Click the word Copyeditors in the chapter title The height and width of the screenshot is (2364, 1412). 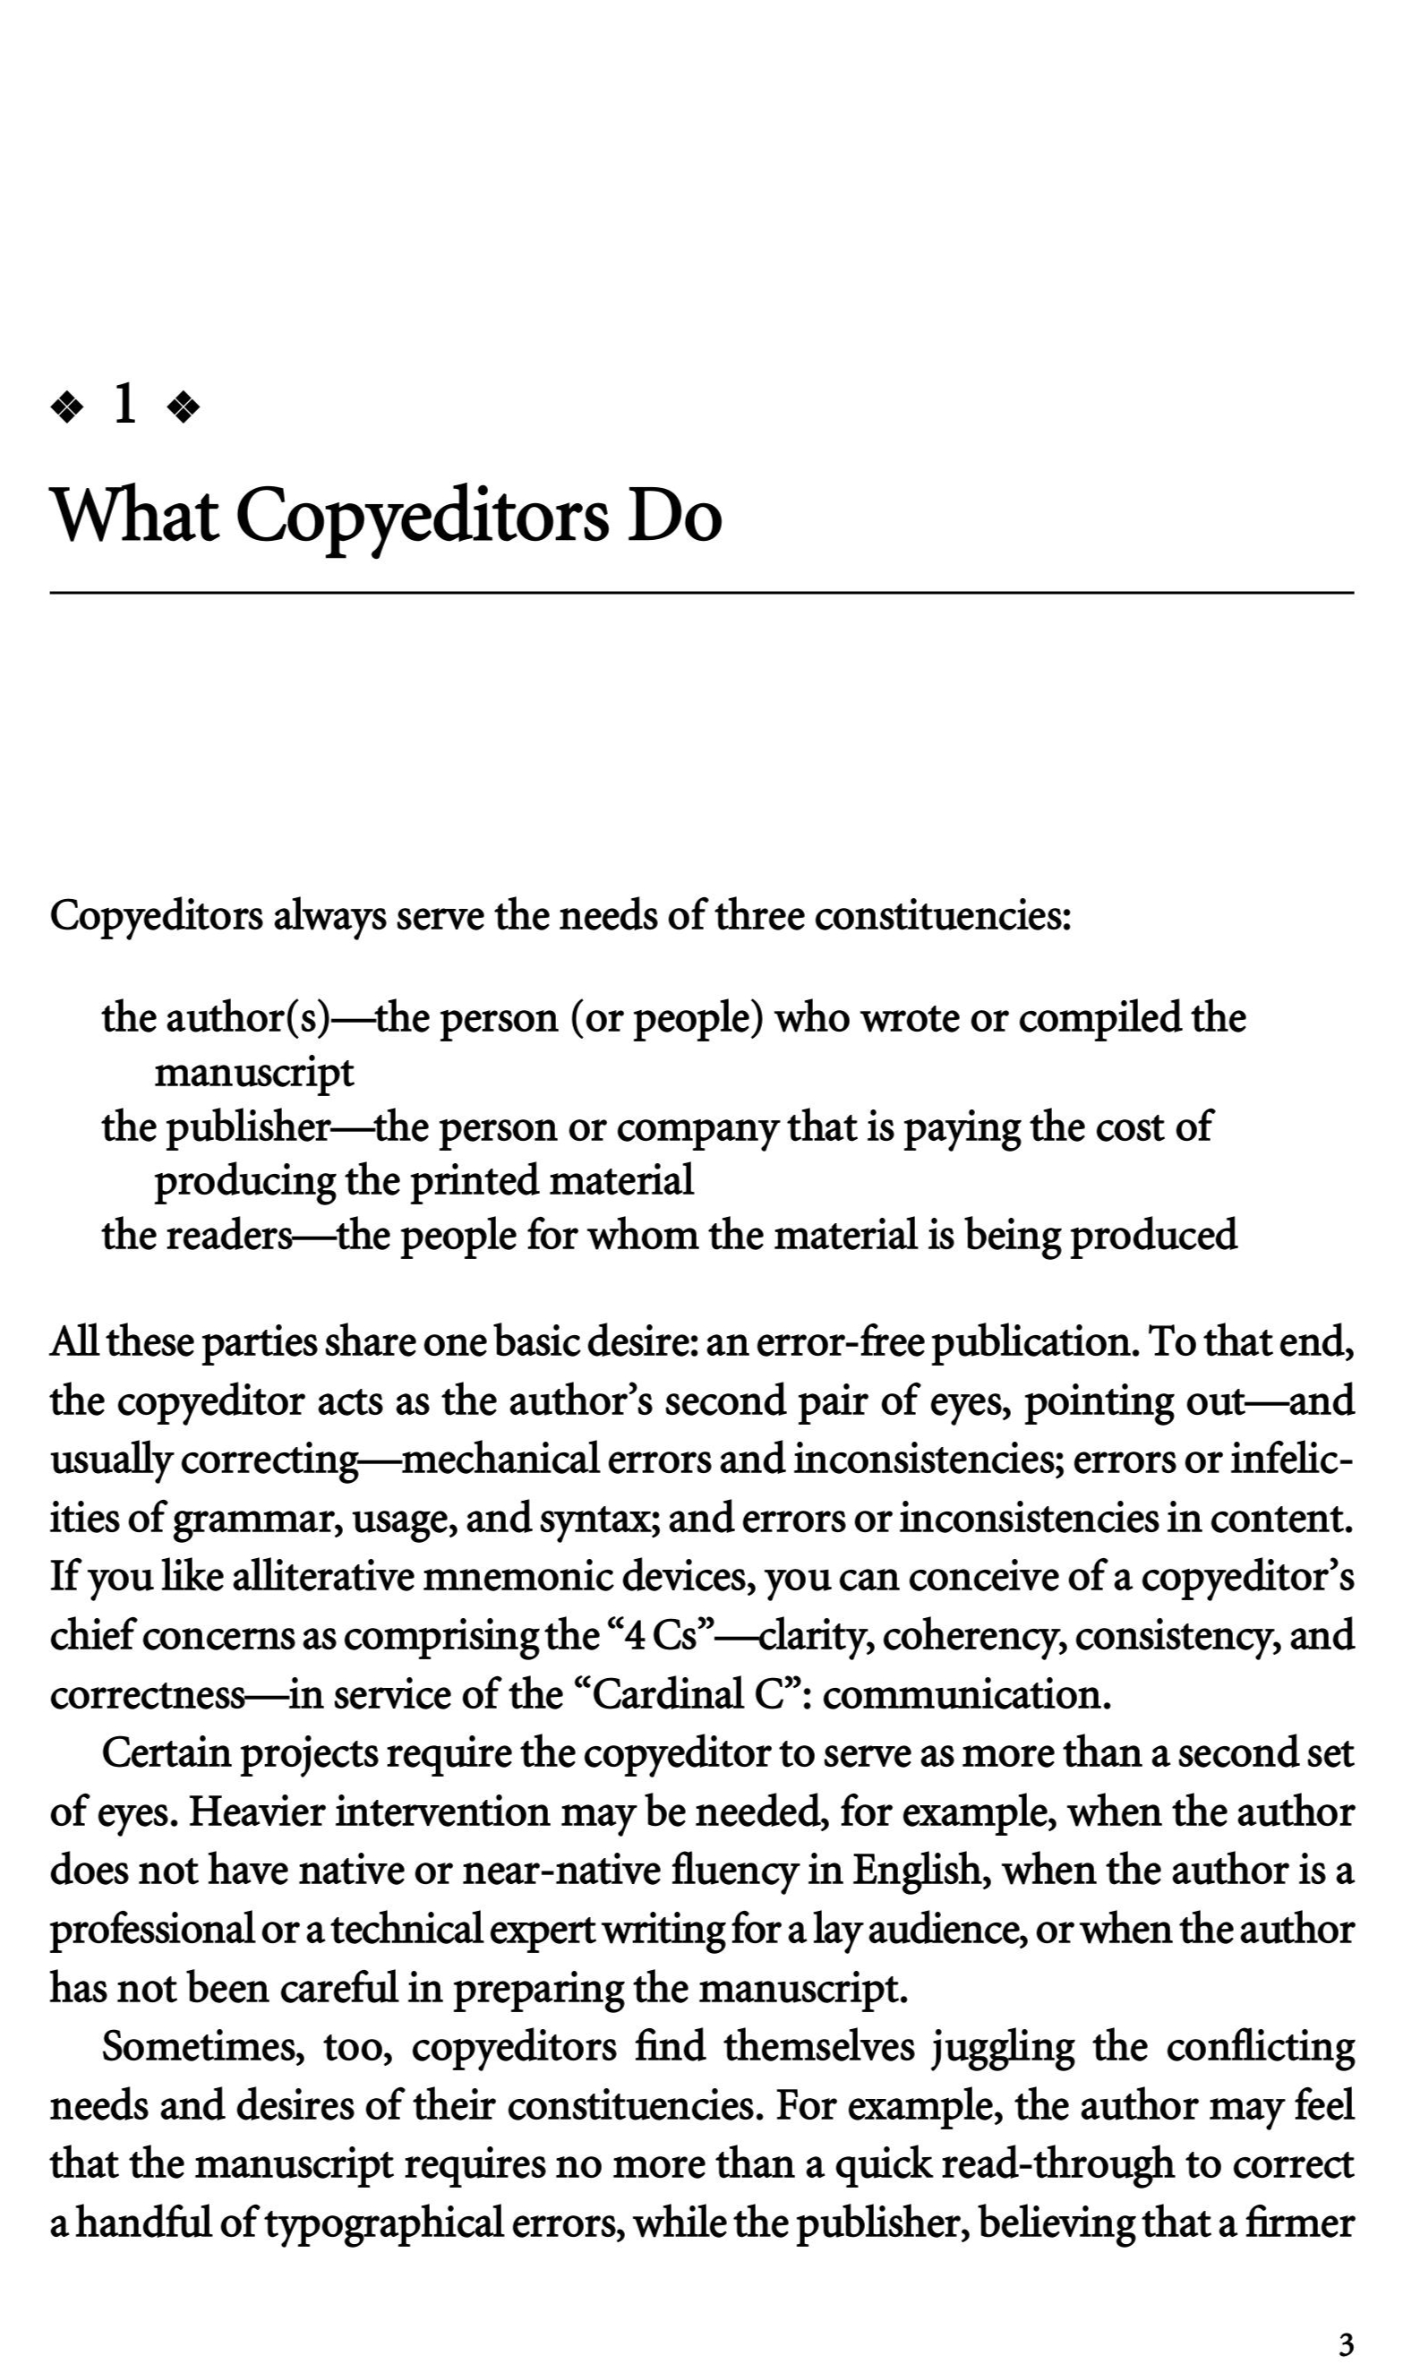coord(420,516)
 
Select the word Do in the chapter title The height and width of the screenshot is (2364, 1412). coord(673,516)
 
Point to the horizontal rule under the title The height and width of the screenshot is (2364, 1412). coord(701,593)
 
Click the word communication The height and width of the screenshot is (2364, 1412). coord(967,1694)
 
